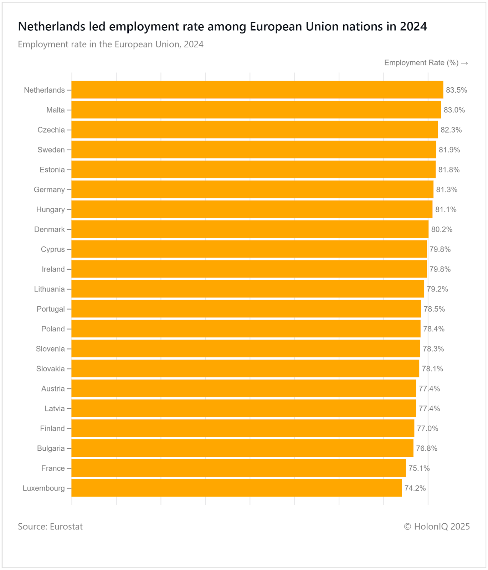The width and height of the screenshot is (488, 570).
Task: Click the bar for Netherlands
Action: (257, 90)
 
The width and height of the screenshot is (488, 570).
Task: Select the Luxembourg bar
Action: (236, 488)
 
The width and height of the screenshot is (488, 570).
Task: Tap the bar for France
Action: (238, 468)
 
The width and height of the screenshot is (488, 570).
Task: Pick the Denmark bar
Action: (250, 229)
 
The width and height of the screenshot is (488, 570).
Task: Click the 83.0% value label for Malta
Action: (454, 110)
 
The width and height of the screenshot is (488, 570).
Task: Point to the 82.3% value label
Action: (451, 130)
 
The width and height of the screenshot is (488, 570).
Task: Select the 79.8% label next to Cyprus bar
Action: (440, 249)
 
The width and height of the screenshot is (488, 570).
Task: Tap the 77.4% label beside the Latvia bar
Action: (429, 409)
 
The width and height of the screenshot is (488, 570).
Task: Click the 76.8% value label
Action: (427, 449)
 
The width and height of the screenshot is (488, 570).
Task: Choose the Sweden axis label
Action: (51, 150)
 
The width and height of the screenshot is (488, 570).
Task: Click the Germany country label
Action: (49, 190)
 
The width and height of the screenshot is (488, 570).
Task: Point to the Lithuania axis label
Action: (49, 289)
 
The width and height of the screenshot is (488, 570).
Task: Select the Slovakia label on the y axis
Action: (50, 369)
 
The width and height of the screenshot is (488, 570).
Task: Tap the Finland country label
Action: (52, 429)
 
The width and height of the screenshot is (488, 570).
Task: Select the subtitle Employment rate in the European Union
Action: (111, 45)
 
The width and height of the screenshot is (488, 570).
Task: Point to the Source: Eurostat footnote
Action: (50, 527)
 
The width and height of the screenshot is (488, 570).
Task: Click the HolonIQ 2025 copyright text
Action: (437, 527)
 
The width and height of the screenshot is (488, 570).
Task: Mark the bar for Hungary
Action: (252, 209)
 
